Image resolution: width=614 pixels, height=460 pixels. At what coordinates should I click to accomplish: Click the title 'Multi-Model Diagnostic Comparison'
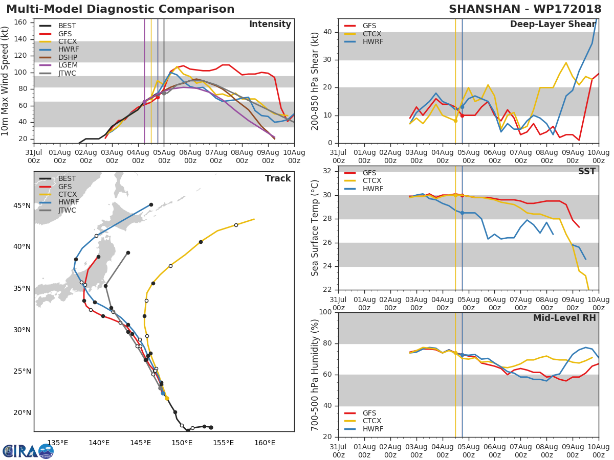pyautogui.click(x=120, y=9)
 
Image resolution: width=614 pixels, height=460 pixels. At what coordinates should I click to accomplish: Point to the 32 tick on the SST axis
pyautogui.click(x=328, y=171)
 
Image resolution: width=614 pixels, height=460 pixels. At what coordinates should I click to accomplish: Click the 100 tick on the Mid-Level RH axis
pyautogui.click(x=325, y=312)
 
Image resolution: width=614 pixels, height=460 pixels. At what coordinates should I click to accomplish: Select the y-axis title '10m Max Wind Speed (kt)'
pyautogui.click(x=6, y=80)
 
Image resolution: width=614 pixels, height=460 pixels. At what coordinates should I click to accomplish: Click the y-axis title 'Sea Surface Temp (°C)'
pyautogui.click(x=315, y=227)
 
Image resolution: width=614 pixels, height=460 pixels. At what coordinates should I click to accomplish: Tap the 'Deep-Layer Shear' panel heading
pyautogui.click(x=553, y=25)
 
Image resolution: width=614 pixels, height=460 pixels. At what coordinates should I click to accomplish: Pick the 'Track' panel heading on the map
pyautogui.click(x=278, y=178)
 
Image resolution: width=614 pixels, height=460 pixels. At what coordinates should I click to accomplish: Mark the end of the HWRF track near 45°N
pyautogui.click(x=151, y=204)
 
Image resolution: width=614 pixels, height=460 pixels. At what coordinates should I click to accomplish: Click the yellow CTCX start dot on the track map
pyautogui.click(x=167, y=398)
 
